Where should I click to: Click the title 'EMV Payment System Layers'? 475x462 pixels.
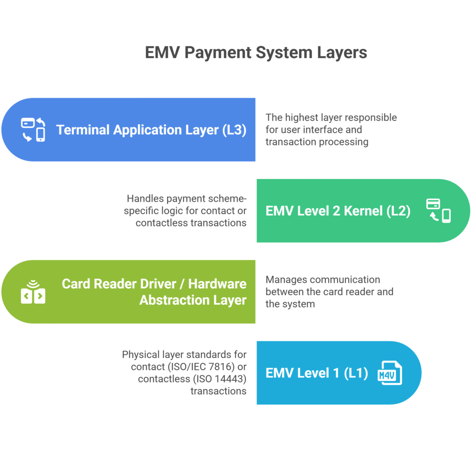coord(256,52)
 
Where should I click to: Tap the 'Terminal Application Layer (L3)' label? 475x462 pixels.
coord(151,130)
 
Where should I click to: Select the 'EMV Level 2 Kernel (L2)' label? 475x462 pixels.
coord(338,211)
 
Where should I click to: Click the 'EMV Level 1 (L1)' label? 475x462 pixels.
coord(316,373)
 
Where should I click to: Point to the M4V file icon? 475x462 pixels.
coord(390,373)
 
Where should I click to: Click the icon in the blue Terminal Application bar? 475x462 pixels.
coord(34,129)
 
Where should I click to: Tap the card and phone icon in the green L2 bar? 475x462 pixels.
coord(438,211)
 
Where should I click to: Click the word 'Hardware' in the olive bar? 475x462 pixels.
coord(217,284)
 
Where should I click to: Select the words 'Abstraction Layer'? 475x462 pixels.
coord(193,300)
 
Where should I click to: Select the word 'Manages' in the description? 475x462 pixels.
coord(286,280)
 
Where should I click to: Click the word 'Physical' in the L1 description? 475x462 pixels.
coord(140,355)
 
